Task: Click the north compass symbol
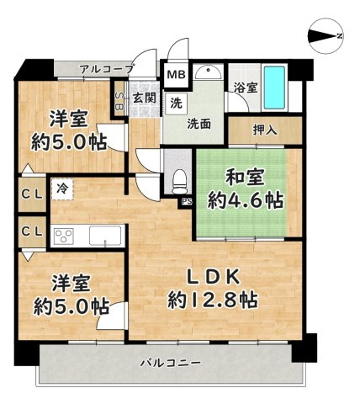[x=326, y=36]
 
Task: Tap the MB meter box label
[x=176, y=75]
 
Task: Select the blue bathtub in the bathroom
[x=274, y=88]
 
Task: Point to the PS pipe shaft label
[x=186, y=201]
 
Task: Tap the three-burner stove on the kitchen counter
[x=64, y=237]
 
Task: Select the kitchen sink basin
[x=105, y=236]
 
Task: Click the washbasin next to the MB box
[x=209, y=72]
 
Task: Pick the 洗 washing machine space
[x=176, y=104]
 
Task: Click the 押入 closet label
[x=265, y=130]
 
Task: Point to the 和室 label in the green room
[x=245, y=178]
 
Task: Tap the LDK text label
[x=214, y=277]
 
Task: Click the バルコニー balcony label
[x=171, y=363]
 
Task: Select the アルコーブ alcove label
[x=107, y=69]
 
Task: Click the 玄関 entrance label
[x=144, y=98]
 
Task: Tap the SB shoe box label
[x=119, y=100]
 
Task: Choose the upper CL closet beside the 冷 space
[x=32, y=194]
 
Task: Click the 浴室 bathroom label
[x=246, y=88]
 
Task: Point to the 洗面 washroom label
[x=199, y=124]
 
